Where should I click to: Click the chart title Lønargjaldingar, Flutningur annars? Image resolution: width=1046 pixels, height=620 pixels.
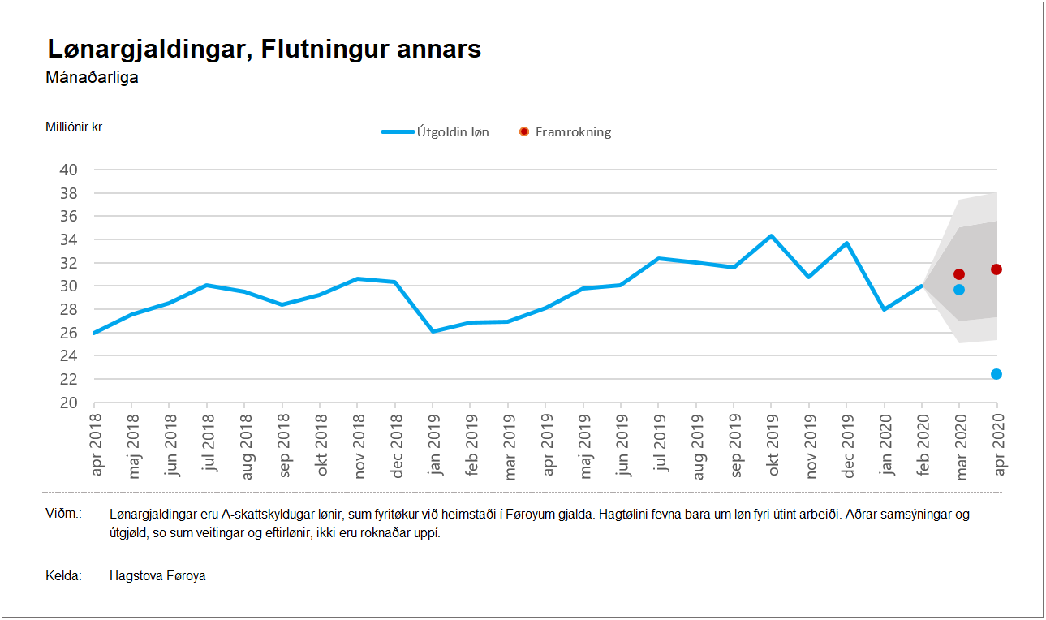265,49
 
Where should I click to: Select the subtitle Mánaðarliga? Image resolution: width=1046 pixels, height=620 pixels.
92,78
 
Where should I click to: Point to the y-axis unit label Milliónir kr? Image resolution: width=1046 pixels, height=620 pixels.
75,127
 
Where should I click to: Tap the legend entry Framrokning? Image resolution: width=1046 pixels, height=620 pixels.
573,131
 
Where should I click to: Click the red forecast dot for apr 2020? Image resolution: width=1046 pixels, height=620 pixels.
996,269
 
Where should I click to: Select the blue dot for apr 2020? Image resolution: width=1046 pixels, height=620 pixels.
996,374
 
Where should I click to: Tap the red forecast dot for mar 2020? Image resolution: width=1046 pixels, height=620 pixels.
959,274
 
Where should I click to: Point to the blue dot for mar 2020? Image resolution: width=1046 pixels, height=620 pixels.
959,290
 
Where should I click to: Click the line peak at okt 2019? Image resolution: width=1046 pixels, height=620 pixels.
771,236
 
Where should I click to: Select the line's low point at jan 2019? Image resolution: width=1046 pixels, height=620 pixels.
433,331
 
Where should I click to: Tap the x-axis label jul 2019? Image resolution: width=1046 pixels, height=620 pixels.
659,442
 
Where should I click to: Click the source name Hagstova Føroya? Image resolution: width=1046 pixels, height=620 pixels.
157,576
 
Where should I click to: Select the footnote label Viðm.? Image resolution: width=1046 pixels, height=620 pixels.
64,515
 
